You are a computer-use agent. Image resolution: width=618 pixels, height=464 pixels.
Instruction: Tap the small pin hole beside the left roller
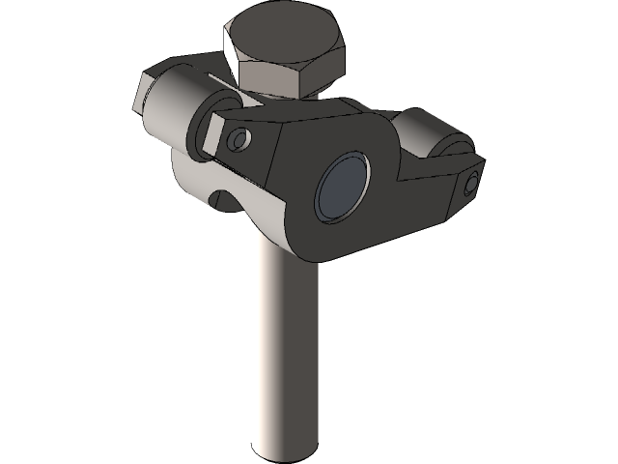click(238, 141)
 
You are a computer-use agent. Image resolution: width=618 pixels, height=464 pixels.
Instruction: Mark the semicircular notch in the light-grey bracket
click(224, 201)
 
